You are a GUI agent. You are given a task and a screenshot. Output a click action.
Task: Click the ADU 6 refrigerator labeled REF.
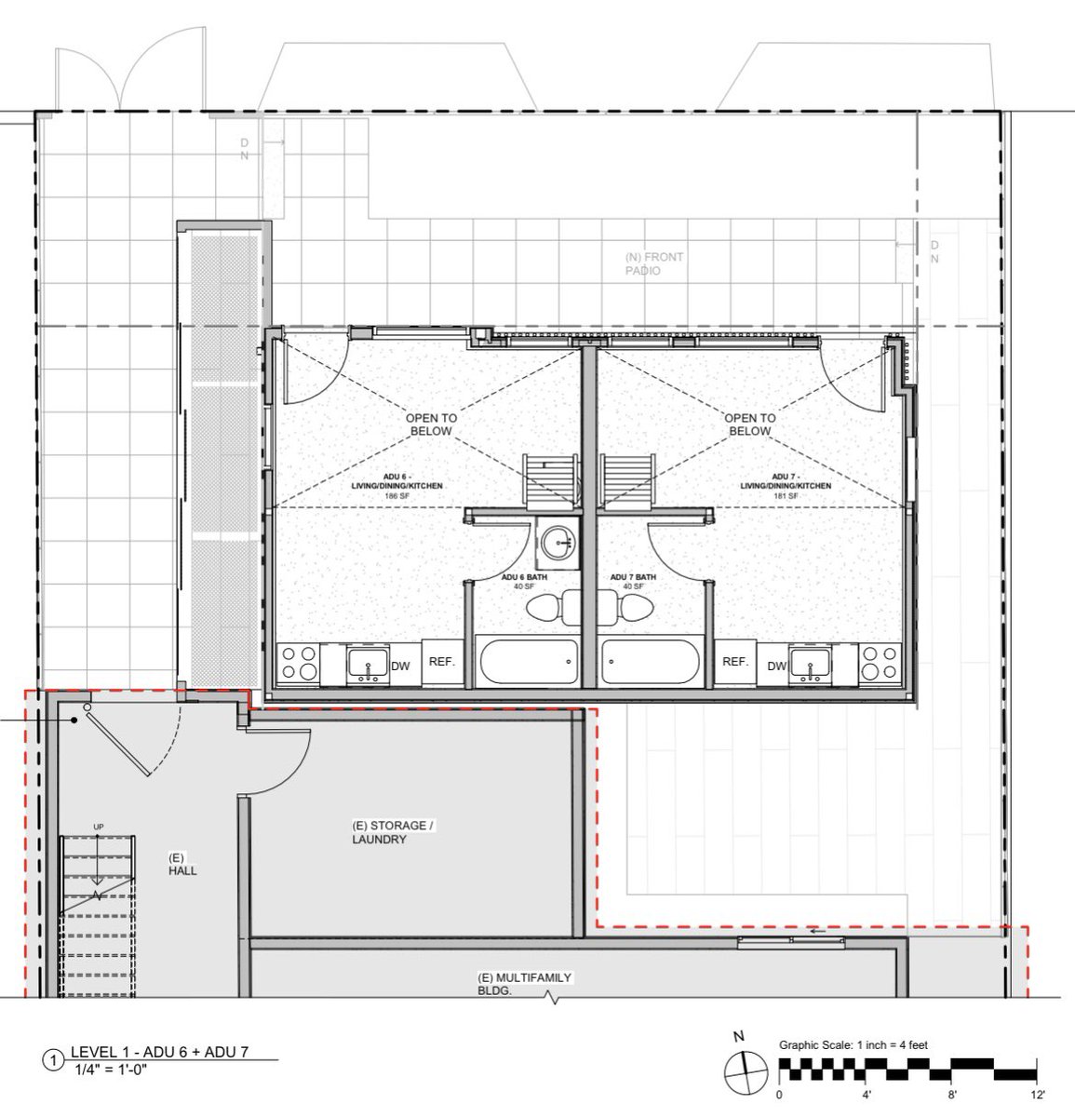442,662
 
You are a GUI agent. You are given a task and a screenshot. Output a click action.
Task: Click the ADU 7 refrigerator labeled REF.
735,662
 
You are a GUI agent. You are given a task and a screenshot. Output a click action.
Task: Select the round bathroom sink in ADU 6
558,543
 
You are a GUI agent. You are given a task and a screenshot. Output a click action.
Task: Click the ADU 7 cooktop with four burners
880,663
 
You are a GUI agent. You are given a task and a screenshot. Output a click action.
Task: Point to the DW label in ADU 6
400,666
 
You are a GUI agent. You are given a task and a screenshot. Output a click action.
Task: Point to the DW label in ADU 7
776,666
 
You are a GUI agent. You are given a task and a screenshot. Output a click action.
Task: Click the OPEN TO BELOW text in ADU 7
749,424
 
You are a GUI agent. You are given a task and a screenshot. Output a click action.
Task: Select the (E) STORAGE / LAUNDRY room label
393,832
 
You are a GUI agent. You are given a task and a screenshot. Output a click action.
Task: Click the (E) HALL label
182,864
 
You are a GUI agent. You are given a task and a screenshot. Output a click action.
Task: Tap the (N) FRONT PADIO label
654,264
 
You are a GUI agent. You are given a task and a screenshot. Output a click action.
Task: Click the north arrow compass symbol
746,1072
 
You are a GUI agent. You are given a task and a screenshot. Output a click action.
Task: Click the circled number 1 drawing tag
54,1060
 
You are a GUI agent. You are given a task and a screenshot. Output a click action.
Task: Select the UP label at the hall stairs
98,827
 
